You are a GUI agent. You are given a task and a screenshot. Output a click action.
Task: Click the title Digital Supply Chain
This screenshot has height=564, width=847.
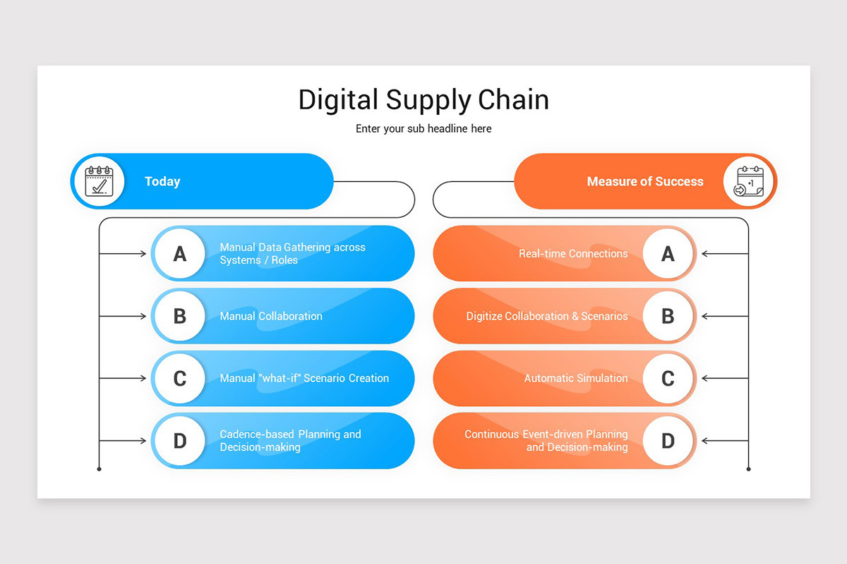[423, 99]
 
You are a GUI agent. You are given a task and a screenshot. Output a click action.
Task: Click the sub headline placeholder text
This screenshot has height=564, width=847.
[423, 129]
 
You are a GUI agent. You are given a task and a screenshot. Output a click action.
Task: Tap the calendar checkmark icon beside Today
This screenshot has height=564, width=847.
[99, 181]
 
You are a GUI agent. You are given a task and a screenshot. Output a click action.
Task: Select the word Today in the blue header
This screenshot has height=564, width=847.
[162, 182]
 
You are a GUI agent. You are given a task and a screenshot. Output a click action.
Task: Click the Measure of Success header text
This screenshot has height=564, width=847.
[645, 182]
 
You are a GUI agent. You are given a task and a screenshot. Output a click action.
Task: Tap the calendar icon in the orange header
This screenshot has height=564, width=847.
[748, 181]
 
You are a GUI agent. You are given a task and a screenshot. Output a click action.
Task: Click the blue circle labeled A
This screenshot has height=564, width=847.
[180, 254]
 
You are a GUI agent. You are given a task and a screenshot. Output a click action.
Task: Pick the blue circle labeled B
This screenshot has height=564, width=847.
[180, 316]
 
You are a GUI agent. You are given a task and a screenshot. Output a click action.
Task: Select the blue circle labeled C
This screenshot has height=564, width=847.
[180, 379]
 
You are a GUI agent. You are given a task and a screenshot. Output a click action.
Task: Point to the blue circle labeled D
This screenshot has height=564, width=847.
[180, 441]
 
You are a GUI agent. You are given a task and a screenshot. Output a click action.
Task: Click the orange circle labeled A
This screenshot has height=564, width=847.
[668, 254]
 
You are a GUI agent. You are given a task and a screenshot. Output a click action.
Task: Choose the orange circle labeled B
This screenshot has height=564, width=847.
[668, 316]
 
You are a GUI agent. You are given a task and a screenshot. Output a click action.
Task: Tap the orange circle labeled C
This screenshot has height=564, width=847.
[668, 379]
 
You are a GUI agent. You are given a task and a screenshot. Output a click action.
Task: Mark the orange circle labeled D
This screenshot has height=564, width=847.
[668, 441]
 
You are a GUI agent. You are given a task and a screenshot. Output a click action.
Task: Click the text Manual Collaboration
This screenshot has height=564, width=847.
[271, 317]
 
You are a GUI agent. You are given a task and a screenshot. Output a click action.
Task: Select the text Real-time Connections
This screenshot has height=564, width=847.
[573, 254]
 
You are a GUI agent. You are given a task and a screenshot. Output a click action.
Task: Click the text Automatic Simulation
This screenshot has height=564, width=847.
[576, 379]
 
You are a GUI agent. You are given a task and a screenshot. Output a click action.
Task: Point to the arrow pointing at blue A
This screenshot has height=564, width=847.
[124, 254]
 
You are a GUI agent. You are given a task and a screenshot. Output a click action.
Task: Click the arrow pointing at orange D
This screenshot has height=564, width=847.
[724, 441]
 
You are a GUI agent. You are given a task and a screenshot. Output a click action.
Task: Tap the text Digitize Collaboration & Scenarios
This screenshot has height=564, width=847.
[547, 317]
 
